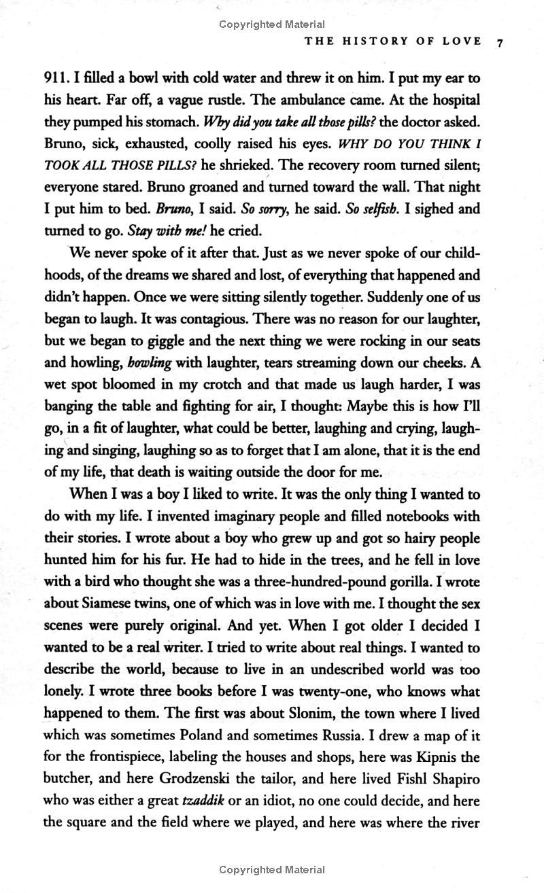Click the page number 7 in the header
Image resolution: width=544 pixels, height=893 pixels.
coord(500,42)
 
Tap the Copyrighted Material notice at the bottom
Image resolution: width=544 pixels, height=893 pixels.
coord(272,869)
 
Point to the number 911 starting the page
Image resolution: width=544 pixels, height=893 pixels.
coord(57,78)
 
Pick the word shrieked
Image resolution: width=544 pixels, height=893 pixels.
coord(244,165)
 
